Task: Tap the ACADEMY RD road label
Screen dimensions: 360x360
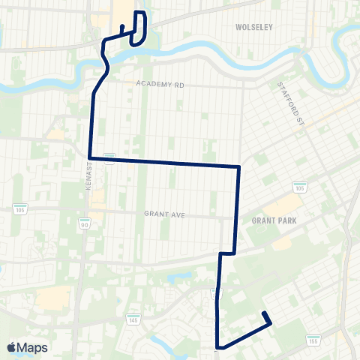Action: coord(160,85)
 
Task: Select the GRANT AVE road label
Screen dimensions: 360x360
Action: coord(164,214)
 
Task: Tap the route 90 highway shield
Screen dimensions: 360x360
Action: coord(85,223)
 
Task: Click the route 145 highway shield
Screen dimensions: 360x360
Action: coord(133,317)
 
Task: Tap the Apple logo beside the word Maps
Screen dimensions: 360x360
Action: coord(11,347)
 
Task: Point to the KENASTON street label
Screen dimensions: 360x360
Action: coord(88,178)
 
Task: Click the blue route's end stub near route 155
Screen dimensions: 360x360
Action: coord(264,313)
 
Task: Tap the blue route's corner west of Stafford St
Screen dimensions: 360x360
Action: coord(238,166)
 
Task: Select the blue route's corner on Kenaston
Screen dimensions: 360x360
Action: coord(89,157)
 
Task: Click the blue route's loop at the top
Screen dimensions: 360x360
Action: coord(139,25)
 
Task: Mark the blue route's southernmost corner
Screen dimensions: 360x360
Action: coord(217,347)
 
